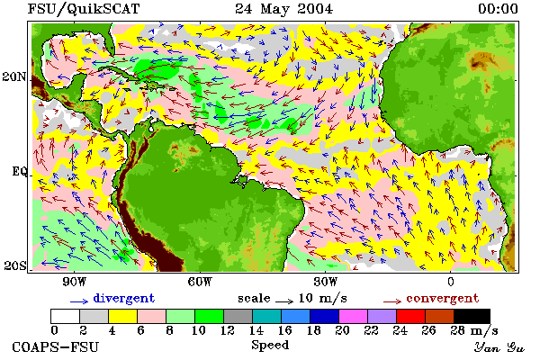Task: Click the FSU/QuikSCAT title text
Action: pos(84,9)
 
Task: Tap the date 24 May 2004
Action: pos(284,9)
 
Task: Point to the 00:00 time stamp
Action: pos(498,9)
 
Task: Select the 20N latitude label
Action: pos(14,76)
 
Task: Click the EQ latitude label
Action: pos(19,171)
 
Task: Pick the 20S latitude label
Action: pos(15,265)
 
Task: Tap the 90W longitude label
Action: pos(75,282)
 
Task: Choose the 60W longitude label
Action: pos(200,282)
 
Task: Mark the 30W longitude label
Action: pos(326,282)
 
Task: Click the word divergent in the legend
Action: pos(124,298)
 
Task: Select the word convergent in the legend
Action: pos(443,298)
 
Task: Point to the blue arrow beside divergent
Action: pos(79,301)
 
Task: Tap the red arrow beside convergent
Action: pos(392,301)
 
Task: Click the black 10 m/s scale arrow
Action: pos(284,301)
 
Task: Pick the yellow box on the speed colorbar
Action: pos(123,316)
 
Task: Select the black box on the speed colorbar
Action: pos(472,316)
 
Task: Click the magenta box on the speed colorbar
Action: pos(354,316)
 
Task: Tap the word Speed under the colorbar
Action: pos(270,346)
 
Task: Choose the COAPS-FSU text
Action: pos(56,346)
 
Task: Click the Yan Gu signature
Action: pos(499,347)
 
